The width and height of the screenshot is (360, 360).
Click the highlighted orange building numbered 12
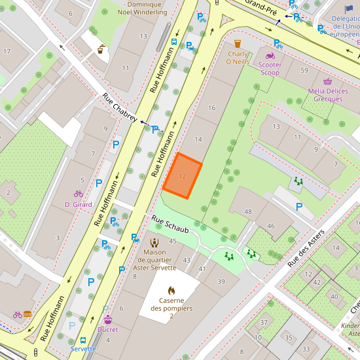pos(182,175)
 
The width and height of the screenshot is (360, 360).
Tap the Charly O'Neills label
pos(238,58)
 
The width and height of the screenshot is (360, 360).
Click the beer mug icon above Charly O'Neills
pos(238,45)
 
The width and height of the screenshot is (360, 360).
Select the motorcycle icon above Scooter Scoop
pos(270,56)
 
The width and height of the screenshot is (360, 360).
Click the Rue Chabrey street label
pos(118,108)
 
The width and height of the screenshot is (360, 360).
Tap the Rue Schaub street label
pos(170,225)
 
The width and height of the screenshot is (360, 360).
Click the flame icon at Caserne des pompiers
pos(171,289)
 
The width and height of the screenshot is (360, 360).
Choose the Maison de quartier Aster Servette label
pos(155,260)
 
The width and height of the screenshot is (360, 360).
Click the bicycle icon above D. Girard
pos(79,194)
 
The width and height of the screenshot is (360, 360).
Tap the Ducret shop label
pos(107,330)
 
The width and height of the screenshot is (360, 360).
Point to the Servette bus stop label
pos(83,349)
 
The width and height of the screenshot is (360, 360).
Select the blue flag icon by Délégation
pos(349,9)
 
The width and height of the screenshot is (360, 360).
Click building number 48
pos(247,211)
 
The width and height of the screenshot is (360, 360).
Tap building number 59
pos(304,70)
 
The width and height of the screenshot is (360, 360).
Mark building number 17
pos(7,51)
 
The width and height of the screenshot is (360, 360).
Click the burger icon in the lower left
pos(27,314)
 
